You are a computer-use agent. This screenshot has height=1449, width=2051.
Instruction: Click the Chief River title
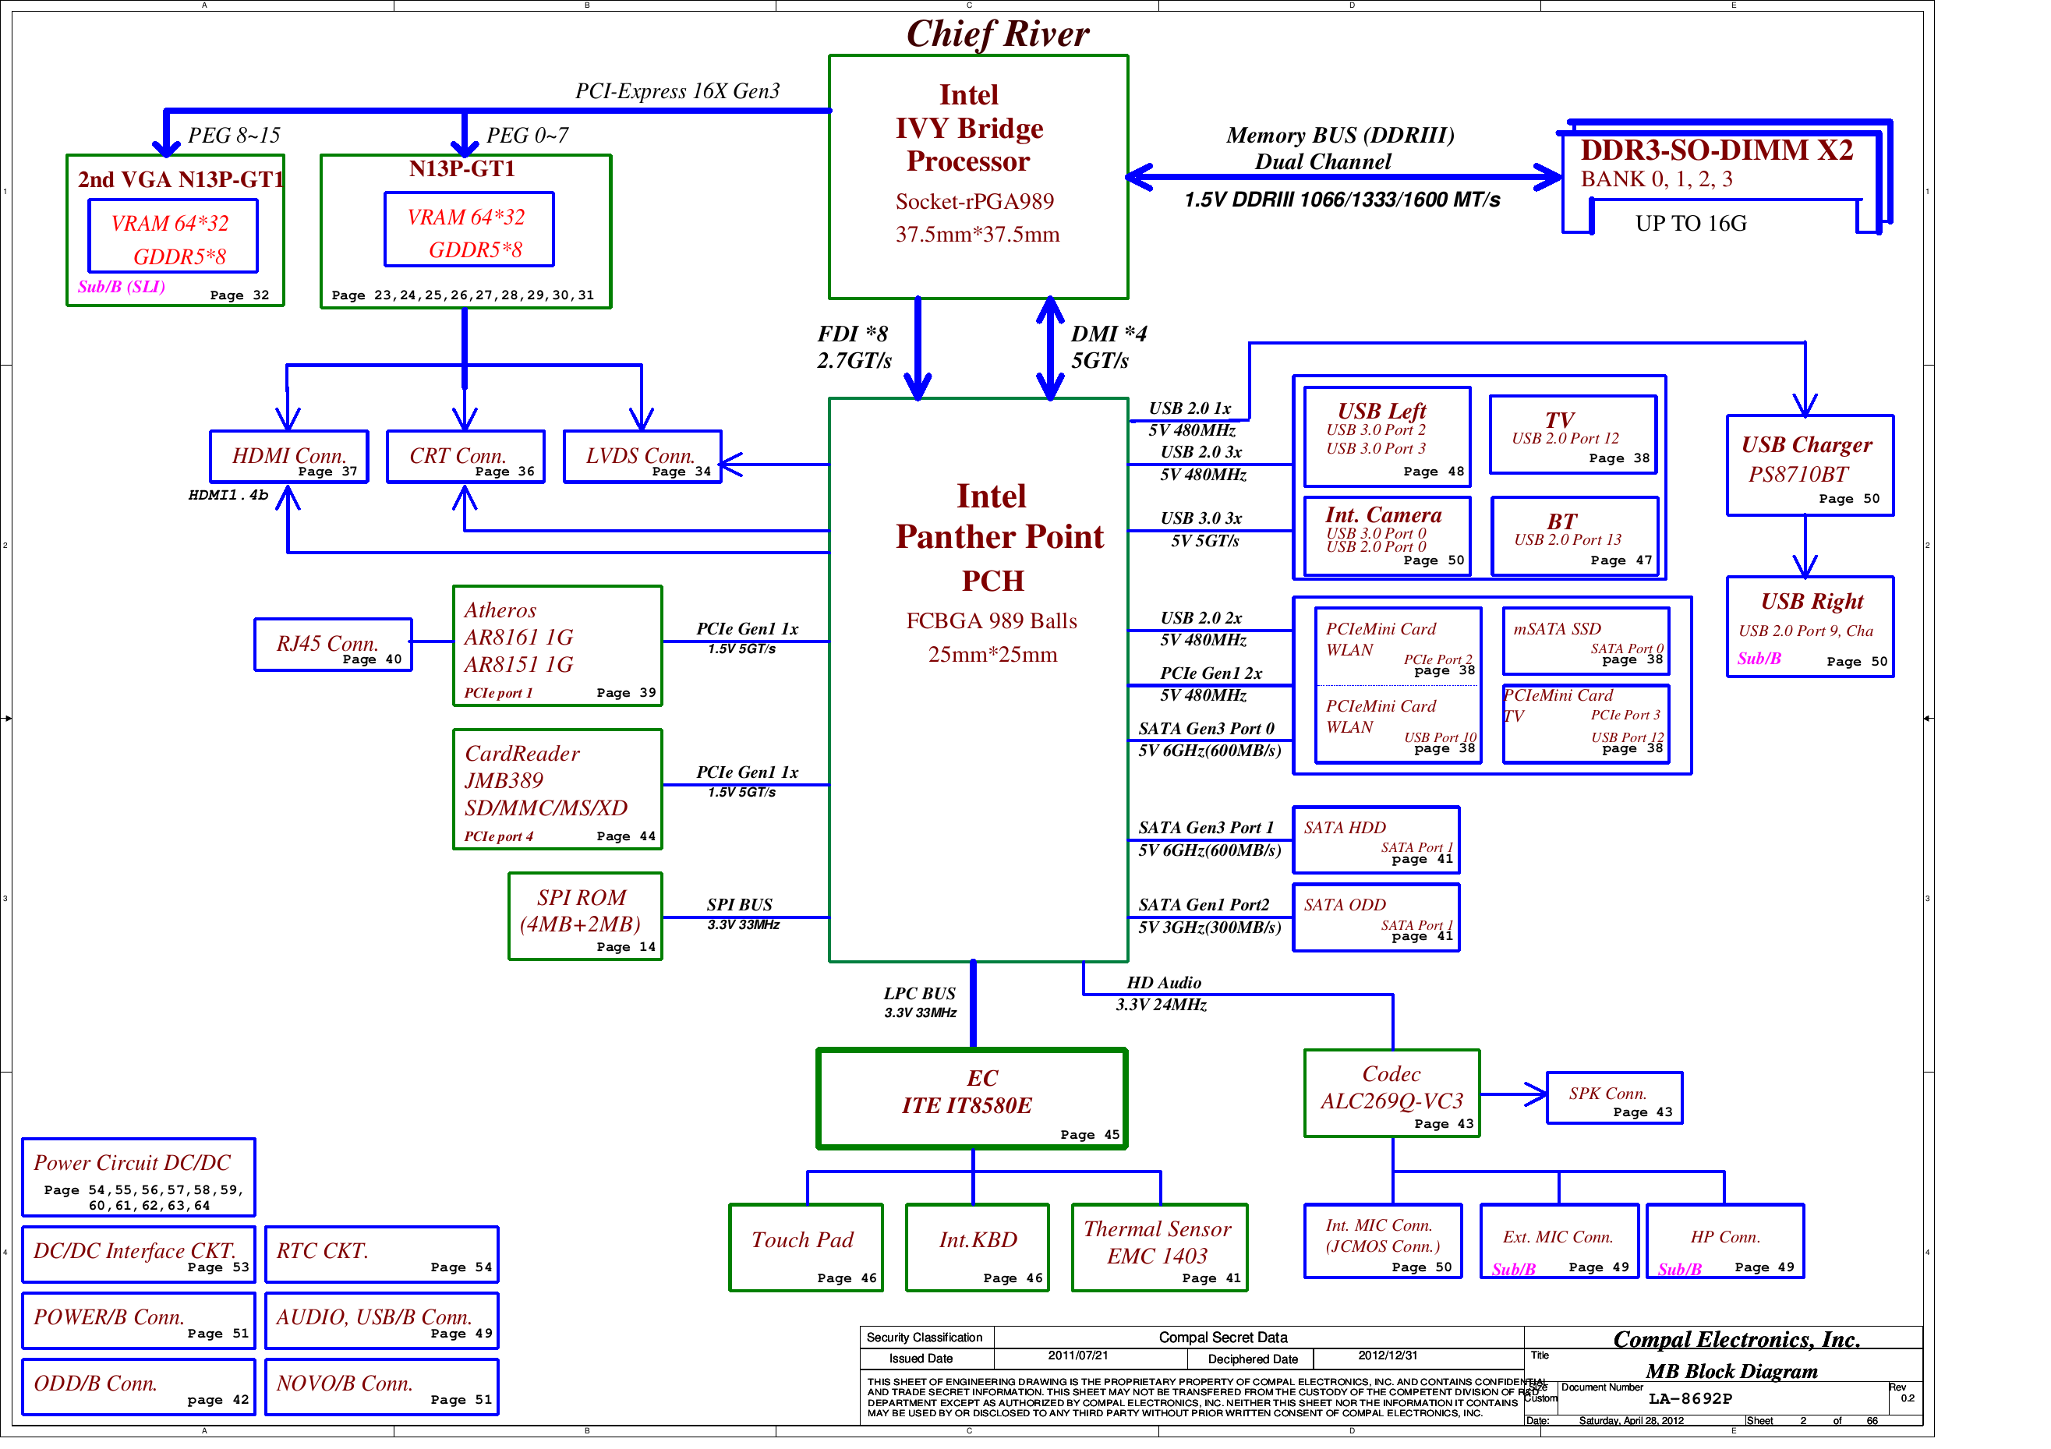997,34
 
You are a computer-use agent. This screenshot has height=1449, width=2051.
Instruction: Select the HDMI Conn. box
288,457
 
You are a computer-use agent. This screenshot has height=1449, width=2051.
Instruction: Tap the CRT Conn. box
465,457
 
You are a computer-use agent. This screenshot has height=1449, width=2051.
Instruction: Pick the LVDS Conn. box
642,457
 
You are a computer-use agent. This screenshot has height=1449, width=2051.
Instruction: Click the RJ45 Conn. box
333,644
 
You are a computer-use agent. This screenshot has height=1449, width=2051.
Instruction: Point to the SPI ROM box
585,917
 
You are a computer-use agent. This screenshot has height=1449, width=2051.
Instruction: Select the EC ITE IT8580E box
972,1099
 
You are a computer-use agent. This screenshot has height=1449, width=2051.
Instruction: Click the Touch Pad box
806,1248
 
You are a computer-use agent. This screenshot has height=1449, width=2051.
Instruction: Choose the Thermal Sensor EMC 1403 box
1159,1248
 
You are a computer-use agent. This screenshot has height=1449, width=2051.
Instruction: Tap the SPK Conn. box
1614,1098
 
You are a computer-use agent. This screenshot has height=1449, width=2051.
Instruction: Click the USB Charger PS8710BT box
1810,465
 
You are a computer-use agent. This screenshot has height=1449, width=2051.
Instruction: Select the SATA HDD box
1377,839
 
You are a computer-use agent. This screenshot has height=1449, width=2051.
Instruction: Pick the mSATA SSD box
1586,641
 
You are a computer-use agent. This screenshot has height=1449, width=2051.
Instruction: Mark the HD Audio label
1164,983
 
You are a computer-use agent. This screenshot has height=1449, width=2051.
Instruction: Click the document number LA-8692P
1690,1399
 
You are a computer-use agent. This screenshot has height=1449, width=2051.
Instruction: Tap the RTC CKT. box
381,1254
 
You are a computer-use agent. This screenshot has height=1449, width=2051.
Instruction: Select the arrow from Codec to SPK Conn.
1514,1094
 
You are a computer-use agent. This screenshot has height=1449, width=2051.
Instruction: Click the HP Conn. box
1725,1242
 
